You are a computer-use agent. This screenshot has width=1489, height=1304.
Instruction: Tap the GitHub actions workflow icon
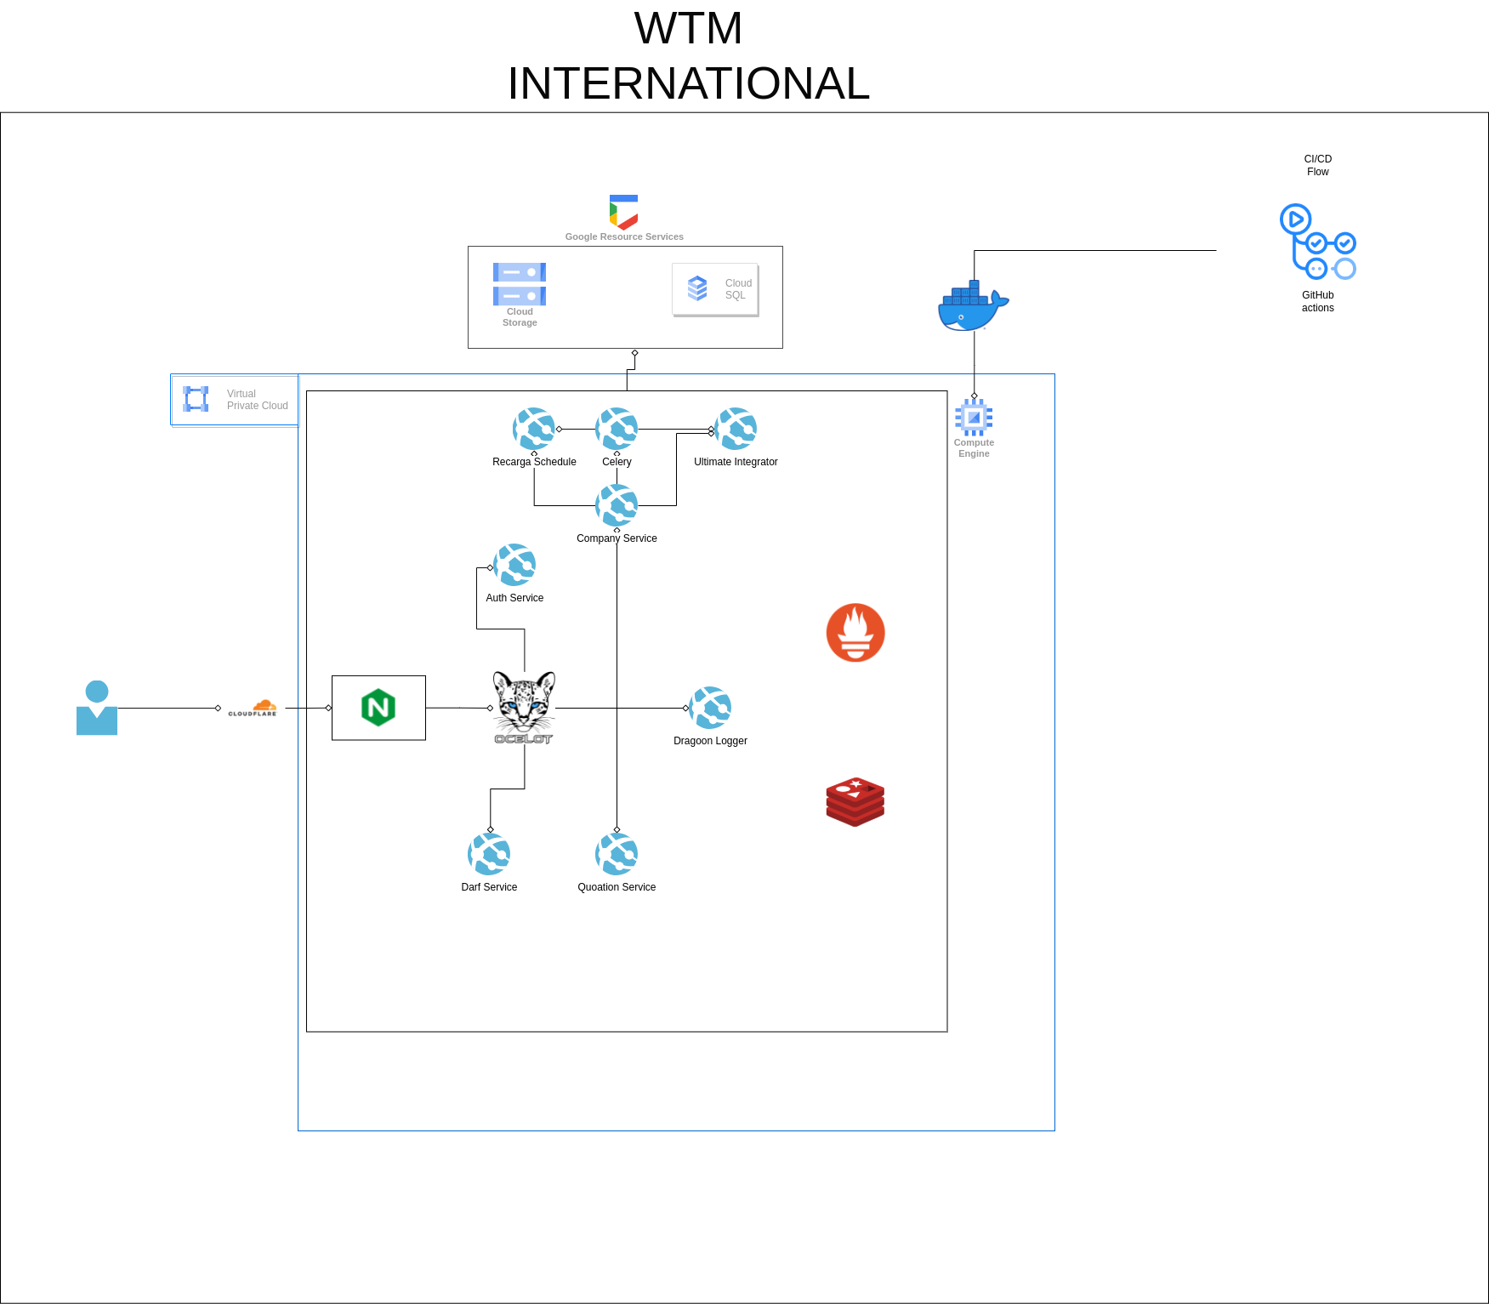pyautogui.click(x=1317, y=242)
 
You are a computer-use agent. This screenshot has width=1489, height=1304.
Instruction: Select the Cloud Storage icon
pyautogui.click(x=520, y=284)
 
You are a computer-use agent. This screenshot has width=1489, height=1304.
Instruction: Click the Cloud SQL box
pyautogui.click(x=715, y=289)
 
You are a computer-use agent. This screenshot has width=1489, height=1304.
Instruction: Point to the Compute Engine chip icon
pyautogui.click(x=974, y=418)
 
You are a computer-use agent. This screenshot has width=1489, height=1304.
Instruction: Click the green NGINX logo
pyautogui.click(x=378, y=708)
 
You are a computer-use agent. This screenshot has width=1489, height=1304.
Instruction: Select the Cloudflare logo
pyautogui.click(x=253, y=708)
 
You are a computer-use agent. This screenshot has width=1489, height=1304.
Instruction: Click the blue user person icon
pyautogui.click(x=97, y=708)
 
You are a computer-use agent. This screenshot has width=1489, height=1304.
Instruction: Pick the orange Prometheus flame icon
pyautogui.click(x=855, y=633)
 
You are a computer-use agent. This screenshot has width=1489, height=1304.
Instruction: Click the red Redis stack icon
pyautogui.click(x=855, y=801)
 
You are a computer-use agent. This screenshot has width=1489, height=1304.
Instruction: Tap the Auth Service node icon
pyautogui.click(x=514, y=565)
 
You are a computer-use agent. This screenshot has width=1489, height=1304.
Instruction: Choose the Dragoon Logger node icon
pyautogui.click(x=710, y=708)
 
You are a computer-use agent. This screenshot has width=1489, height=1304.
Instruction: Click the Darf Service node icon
pyautogui.click(x=489, y=854)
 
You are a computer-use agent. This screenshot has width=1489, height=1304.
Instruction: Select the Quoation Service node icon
pyautogui.click(x=617, y=854)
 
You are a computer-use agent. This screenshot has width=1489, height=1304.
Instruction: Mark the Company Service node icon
pyautogui.click(x=617, y=505)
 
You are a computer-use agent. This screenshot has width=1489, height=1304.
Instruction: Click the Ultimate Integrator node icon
pyautogui.click(x=736, y=429)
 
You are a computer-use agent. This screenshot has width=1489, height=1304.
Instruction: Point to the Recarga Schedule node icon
pyautogui.click(x=534, y=429)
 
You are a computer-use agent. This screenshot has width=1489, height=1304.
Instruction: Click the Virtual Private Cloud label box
pyautogui.click(x=235, y=400)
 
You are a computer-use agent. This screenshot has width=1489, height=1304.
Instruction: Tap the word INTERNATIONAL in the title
pyautogui.click(x=688, y=83)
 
